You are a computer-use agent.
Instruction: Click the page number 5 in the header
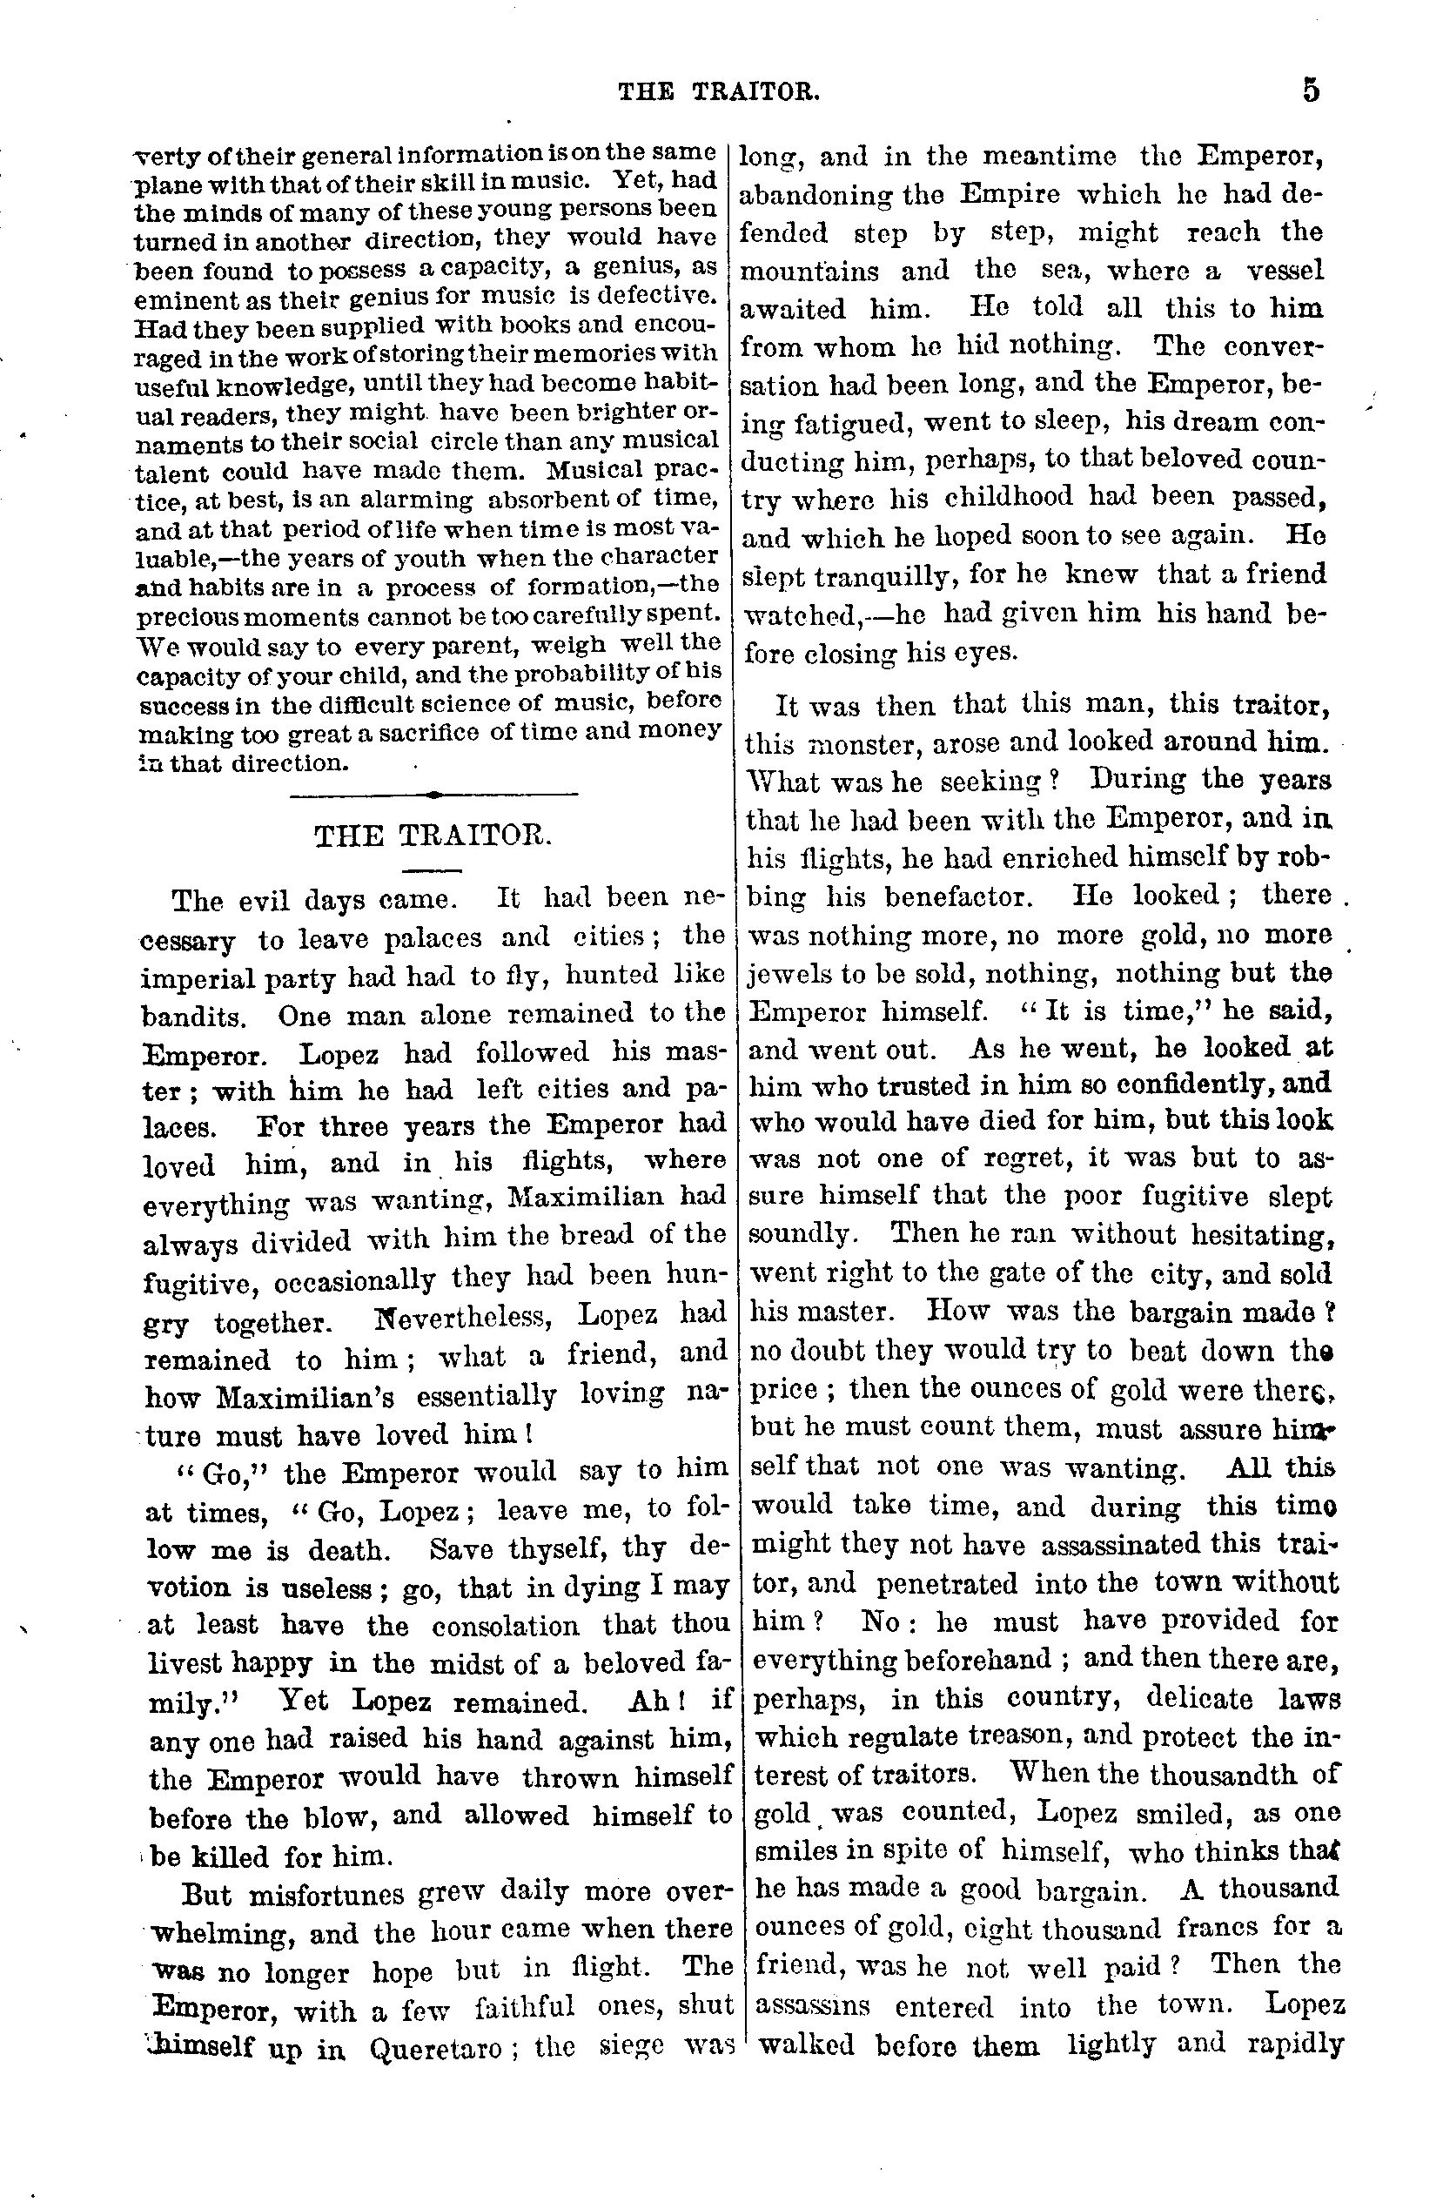pos(1311,91)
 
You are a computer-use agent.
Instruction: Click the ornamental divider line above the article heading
pos(433,794)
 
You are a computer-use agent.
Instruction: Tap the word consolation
pos(505,1626)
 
